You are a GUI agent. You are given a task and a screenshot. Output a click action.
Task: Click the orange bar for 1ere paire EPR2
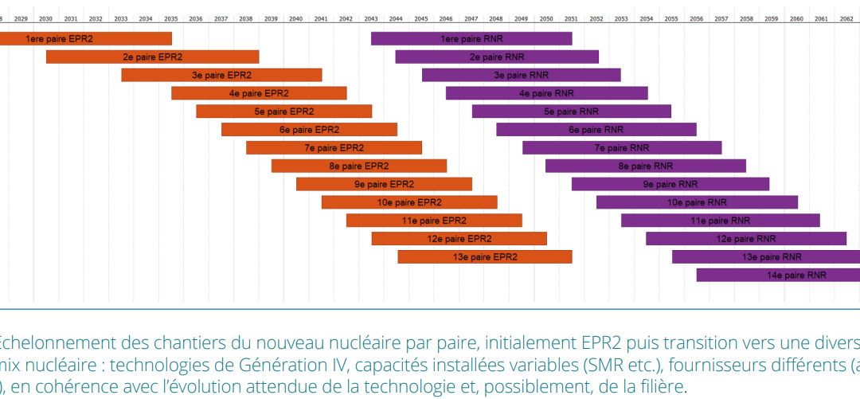85,38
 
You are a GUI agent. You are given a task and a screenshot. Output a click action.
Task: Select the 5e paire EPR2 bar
283,111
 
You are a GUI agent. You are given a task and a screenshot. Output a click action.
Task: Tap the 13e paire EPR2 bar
484,256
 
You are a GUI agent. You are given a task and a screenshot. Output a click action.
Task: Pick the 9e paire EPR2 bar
384,184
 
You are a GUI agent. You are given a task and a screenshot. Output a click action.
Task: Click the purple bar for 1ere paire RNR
471,38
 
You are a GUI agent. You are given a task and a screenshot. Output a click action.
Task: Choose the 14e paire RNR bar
778,275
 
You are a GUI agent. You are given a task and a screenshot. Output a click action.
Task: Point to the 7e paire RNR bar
622,147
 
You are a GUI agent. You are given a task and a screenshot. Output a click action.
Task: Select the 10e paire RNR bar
697,202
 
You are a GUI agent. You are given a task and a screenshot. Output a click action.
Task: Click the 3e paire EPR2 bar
221,75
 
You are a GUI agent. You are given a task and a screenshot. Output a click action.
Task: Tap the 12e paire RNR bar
746,238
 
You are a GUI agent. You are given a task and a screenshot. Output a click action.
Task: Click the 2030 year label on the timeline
46,18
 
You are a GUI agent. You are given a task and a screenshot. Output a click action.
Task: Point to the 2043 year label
371,18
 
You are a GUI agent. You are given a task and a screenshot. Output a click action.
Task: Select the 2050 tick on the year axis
546,18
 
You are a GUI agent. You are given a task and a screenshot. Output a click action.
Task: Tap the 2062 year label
846,18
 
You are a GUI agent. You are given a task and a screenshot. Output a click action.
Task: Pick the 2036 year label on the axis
196,18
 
